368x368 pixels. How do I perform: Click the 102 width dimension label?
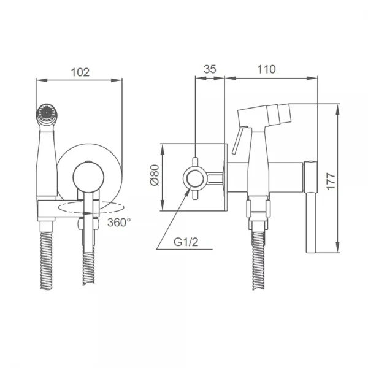80,72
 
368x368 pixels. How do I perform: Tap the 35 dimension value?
210,69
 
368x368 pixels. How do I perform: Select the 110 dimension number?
266,69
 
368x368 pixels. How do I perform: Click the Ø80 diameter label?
155,177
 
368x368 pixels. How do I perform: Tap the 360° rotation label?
118,222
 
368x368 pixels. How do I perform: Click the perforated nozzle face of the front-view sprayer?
45,112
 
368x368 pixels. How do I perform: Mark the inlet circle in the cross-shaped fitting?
195,178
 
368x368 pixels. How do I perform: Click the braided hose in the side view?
257,264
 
